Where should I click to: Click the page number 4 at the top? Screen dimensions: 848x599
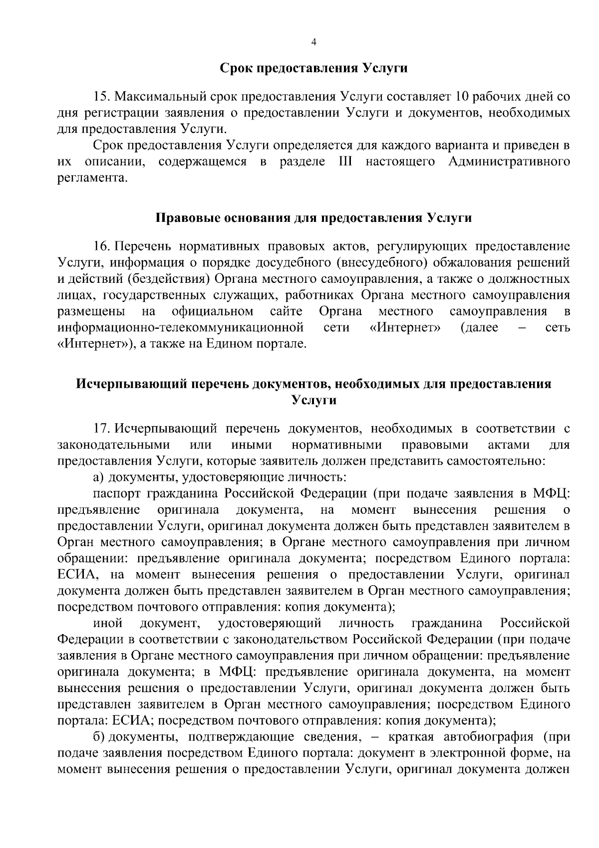tap(313, 42)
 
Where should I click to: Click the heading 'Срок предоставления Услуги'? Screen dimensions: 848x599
tap(314, 68)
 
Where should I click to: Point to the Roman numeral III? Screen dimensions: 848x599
tap(341, 162)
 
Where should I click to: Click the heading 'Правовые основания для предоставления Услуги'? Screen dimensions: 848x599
tap(314, 218)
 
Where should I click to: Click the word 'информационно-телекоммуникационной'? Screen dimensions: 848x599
tap(181, 328)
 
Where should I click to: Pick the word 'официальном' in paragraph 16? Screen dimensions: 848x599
tap(212, 312)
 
